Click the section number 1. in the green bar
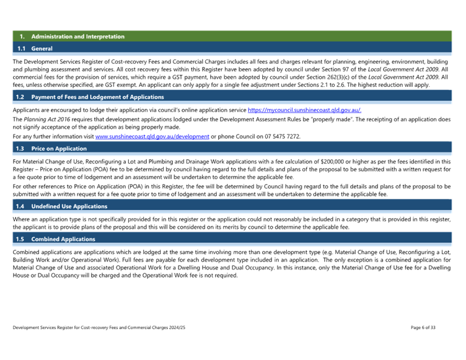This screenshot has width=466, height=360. [x=22, y=37]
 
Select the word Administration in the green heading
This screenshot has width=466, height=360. [x=49, y=37]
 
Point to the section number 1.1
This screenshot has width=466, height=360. [x=21, y=48]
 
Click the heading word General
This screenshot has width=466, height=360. [x=42, y=48]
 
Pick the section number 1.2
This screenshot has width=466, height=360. [x=21, y=97]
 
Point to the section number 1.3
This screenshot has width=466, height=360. [x=21, y=149]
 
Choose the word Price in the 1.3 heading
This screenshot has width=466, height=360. [x=38, y=149]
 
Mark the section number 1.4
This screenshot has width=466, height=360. [x=21, y=206]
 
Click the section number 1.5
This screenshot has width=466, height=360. [x=21, y=239]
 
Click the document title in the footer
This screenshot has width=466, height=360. [x=99, y=327]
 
